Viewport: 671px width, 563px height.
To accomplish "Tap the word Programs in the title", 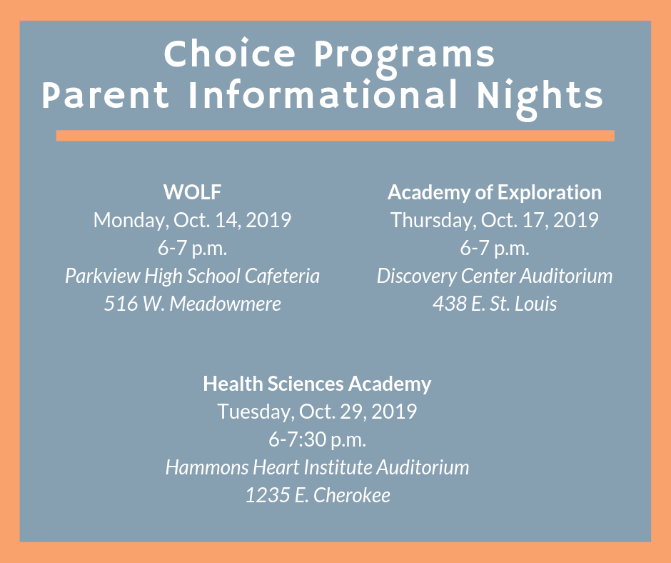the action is pyautogui.click(x=405, y=58).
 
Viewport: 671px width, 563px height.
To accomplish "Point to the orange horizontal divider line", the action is pyautogui.click(x=335, y=136).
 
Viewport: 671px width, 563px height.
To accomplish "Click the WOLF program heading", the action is pyautogui.click(x=192, y=192).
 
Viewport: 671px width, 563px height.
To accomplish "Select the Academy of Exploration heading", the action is pyautogui.click(x=494, y=193).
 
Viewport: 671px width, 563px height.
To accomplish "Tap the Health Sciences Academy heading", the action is pyautogui.click(x=317, y=384).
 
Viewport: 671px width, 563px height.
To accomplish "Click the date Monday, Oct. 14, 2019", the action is pyautogui.click(x=192, y=220).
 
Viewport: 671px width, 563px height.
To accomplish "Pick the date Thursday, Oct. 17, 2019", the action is pyautogui.click(x=494, y=220).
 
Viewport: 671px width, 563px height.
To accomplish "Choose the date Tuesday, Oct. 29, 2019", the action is pyautogui.click(x=317, y=412).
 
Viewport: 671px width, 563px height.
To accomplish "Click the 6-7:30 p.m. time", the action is pyautogui.click(x=317, y=439).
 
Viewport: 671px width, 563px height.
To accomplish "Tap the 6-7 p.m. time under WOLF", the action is pyautogui.click(x=192, y=249).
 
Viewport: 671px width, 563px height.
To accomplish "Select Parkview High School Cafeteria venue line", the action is pyautogui.click(x=192, y=276).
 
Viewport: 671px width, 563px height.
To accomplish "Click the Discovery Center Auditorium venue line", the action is pyautogui.click(x=494, y=276).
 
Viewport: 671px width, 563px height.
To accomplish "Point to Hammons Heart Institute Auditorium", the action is pyautogui.click(x=317, y=467).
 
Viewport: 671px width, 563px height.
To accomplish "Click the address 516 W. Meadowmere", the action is pyautogui.click(x=192, y=304).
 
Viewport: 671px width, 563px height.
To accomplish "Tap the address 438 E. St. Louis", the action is pyautogui.click(x=494, y=304).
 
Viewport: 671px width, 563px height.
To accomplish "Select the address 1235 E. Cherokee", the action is pyautogui.click(x=317, y=495).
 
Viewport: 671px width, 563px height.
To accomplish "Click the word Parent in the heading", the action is pyautogui.click(x=105, y=95).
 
